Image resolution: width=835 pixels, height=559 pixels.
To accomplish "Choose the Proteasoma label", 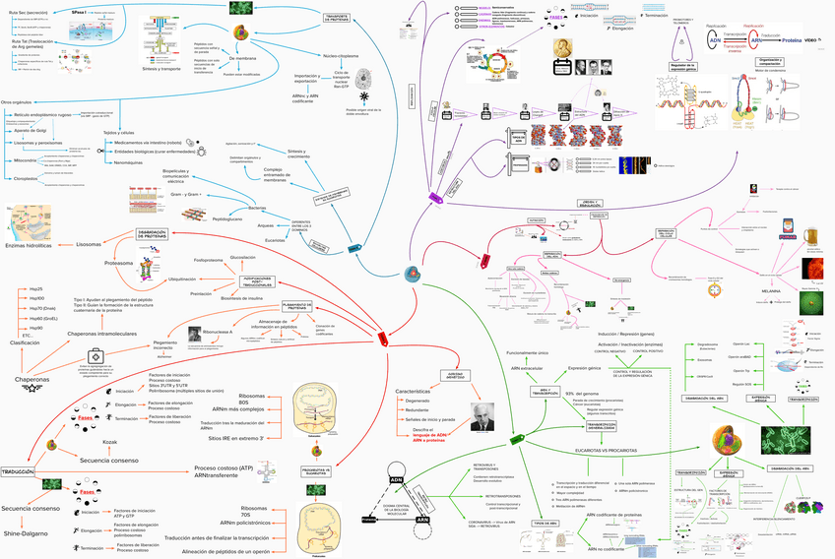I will [x=118, y=263].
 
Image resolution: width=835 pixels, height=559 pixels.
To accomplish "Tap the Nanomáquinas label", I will [x=130, y=162].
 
